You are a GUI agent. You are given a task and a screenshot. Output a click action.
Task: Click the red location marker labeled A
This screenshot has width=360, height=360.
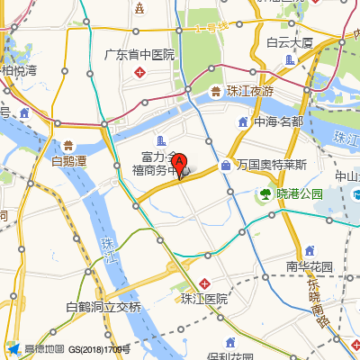179,165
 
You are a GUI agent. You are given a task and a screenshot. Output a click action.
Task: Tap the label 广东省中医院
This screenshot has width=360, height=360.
139,54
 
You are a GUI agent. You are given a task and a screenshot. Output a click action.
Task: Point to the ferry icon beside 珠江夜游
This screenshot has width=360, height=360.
216,91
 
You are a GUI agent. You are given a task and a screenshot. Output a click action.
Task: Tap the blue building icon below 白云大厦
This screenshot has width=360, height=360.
290,59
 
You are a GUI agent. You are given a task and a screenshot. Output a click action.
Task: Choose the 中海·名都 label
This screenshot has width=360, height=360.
279,121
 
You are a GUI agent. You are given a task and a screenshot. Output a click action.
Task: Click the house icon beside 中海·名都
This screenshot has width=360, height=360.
244,121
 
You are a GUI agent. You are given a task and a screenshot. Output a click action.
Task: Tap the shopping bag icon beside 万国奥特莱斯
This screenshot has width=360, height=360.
226,165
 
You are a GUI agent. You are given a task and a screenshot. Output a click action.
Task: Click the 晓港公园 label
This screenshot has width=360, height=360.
299,193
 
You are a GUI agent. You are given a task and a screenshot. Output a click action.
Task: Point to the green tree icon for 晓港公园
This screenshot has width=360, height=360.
266,193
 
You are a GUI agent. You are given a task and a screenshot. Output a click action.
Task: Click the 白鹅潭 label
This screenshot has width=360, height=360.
68,162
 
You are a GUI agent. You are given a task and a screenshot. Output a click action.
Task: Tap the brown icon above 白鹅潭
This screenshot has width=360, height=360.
68,145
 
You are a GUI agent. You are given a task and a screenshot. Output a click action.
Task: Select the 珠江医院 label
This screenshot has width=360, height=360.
203,299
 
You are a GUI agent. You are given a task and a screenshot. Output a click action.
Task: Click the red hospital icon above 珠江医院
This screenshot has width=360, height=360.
205,283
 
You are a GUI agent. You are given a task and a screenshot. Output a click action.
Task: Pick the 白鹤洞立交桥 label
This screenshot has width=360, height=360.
103,307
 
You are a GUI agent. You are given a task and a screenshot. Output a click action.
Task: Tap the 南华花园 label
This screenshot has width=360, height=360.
310,266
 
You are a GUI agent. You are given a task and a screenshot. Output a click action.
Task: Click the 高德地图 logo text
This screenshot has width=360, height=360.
44,349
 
